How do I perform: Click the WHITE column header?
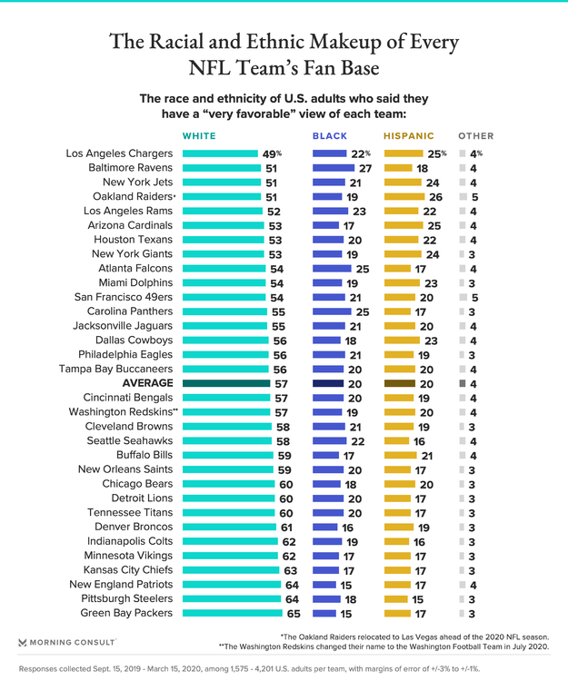coord(201,135)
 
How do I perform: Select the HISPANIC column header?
coord(408,135)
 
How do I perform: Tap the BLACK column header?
coord(330,135)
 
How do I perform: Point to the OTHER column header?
coord(476,135)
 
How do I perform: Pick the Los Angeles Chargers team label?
coord(119,153)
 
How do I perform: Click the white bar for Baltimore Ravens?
coord(223,168)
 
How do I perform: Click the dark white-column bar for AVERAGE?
coord(227,384)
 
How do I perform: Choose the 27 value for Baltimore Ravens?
coord(365,168)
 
